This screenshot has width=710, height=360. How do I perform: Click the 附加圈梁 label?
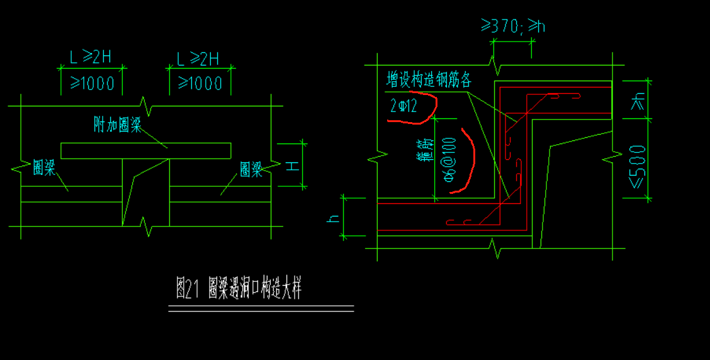[x=117, y=127]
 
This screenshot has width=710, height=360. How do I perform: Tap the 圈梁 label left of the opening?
[x=43, y=168]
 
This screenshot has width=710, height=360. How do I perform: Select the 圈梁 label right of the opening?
[x=251, y=169]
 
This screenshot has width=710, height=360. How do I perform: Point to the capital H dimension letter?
[x=291, y=165]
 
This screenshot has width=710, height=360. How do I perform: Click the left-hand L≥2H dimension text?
[x=91, y=59]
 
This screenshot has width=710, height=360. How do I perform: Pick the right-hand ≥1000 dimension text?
[x=200, y=83]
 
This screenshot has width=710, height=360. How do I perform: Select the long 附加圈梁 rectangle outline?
[x=145, y=150]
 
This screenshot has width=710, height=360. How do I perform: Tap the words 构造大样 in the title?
[x=278, y=290]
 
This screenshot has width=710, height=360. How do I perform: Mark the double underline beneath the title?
[x=261, y=308]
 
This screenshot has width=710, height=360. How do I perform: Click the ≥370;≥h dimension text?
[x=513, y=26]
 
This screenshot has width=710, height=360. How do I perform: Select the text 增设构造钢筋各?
[x=429, y=80]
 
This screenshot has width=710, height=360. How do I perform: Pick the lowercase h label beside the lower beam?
[x=335, y=218]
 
